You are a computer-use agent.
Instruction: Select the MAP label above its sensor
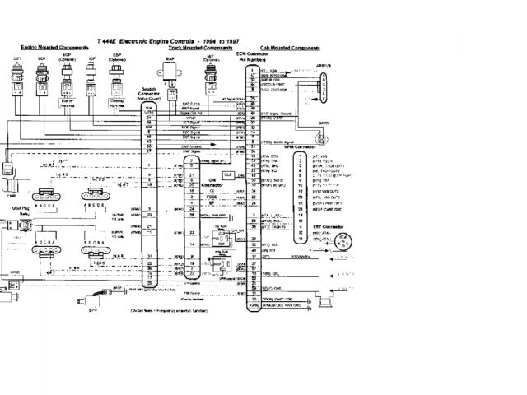coord(171,58)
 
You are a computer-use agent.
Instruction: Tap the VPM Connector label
coord(330,147)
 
